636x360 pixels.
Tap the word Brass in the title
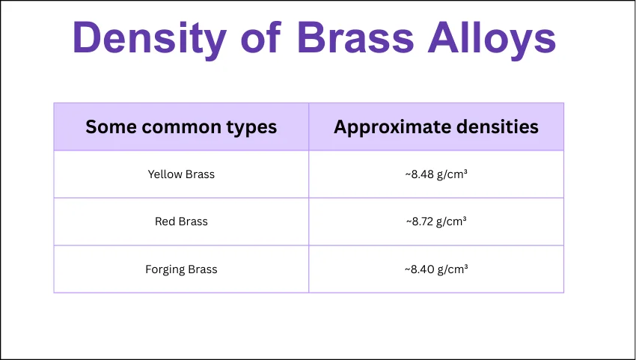point(355,37)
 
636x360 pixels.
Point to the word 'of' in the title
point(260,37)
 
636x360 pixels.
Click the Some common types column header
point(181,127)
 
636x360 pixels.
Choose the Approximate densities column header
point(436,127)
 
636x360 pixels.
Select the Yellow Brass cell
point(181,174)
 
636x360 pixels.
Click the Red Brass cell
point(181,222)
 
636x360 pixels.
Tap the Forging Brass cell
point(181,269)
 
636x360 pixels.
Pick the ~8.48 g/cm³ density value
point(436,174)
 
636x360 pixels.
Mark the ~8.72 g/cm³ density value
point(436,222)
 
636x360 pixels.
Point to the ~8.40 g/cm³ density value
point(436,269)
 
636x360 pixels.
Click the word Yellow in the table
point(165,174)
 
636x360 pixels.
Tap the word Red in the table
point(165,222)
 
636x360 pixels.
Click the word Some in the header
point(111,127)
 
